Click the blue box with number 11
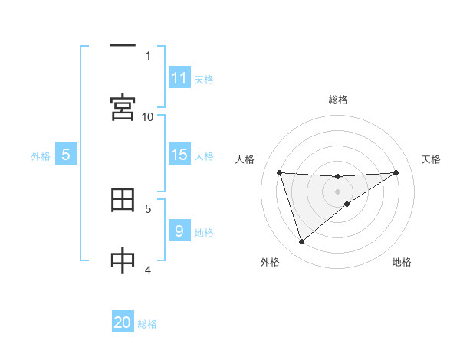(x=179, y=78)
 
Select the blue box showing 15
(x=179, y=155)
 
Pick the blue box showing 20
(x=123, y=322)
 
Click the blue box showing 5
(x=66, y=155)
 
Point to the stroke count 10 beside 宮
(x=148, y=116)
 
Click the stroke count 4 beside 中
(x=148, y=270)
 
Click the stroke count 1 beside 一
(x=148, y=55)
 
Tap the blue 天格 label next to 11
(x=204, y=79)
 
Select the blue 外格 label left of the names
(x=41, y=156)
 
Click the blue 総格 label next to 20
(x=147, y=324)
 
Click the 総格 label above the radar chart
(x=338, y=100)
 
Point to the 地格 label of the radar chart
(x=402, y=262)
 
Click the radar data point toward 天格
(x=396, y=172)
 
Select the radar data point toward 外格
(x=301, y=242)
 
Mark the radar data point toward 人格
(x=280, y=172)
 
